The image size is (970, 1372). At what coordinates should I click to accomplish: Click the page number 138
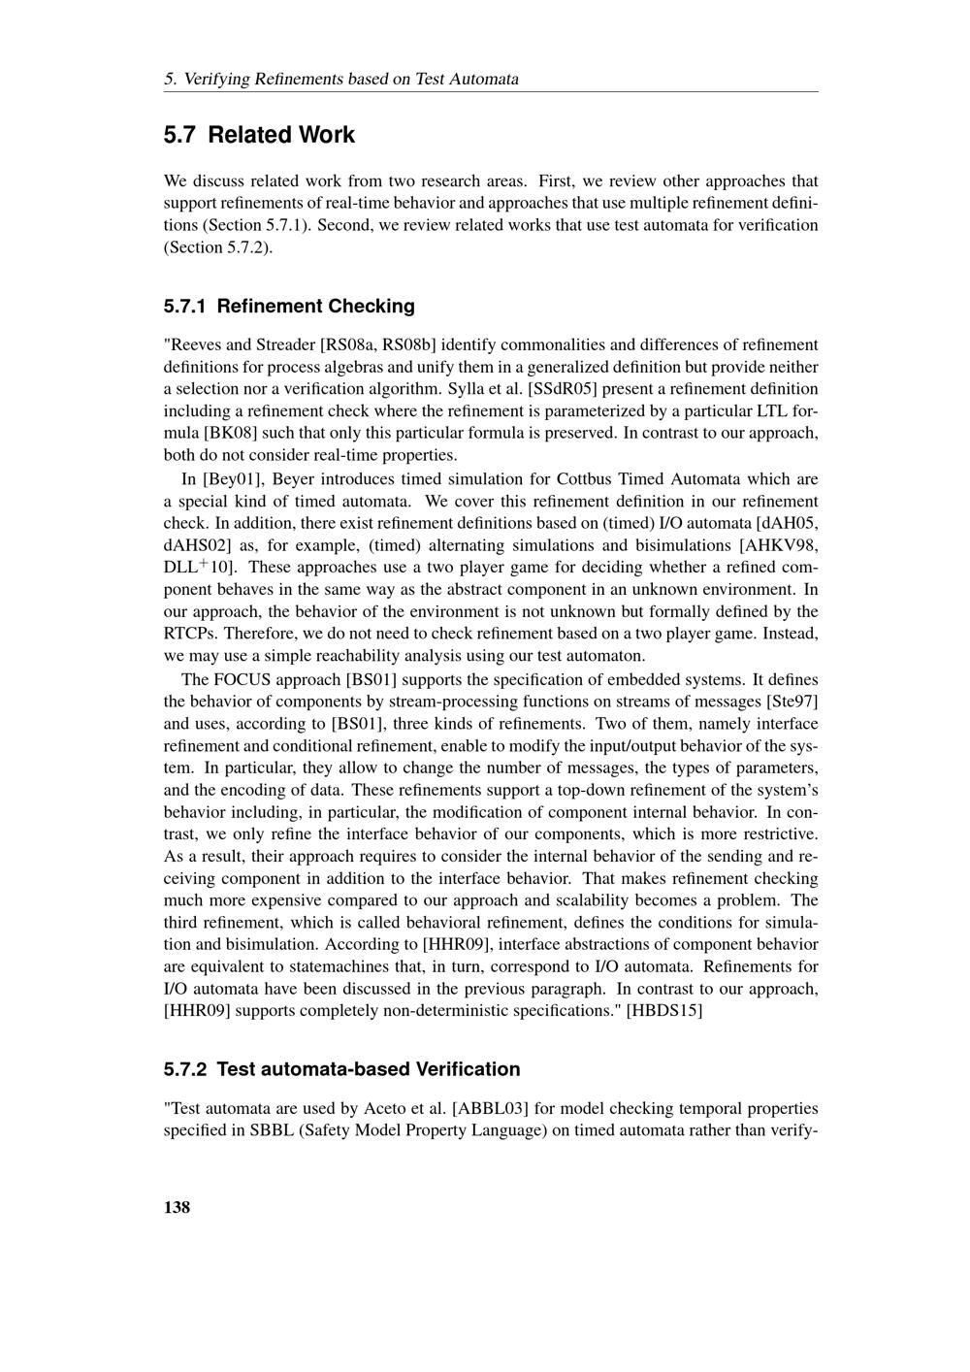click(177, 1207)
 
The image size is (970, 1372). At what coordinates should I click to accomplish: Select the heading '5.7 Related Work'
click(259, 135)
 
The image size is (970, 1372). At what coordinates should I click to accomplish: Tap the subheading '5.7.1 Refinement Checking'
click(289, 307)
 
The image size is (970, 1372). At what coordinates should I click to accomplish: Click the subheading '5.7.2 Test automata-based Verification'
click(342, 1069)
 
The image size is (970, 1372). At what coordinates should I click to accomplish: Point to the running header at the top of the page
click(341, 79)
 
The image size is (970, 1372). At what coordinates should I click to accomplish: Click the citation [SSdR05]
click(559, 389)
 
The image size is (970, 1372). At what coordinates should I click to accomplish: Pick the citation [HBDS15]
click(664, 1011)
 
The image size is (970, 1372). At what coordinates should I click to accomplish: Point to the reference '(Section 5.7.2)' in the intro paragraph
click(217, 247)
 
